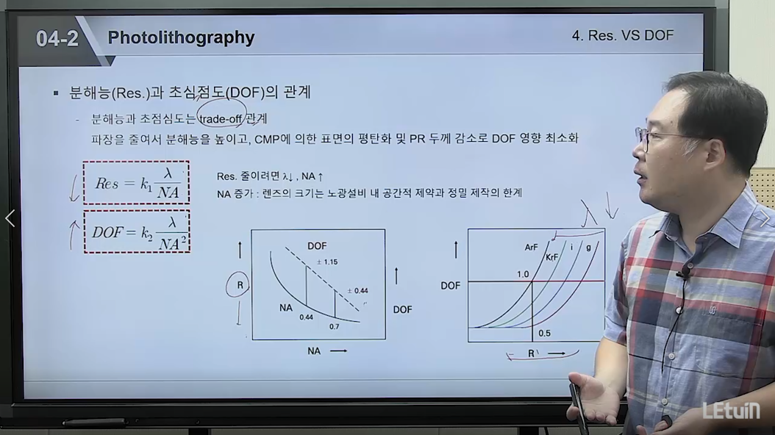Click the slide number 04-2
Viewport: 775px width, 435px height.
coord(57,38)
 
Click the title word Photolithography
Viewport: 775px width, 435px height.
coord(181,38)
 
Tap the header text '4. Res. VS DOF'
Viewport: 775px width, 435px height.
coord(623,35)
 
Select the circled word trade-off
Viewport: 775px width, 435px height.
coord(221,119)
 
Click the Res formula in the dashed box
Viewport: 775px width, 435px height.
coord(136,183)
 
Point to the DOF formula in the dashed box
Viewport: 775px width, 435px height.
coord(137,232)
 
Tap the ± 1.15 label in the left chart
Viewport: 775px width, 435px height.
coord(327,262)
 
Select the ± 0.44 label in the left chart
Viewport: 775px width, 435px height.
coord(357,291)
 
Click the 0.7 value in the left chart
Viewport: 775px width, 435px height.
coord(334,326)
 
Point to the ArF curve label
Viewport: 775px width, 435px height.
coord(531,247)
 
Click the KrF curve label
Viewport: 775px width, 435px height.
coord(551,257)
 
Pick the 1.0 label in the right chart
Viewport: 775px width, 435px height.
coord(523,274)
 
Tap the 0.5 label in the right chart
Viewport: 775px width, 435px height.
coord(544,334)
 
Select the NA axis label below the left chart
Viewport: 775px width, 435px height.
coord(314,351)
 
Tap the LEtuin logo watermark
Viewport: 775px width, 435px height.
coord(732,411)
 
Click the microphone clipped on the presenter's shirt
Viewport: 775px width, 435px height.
coord(684,273)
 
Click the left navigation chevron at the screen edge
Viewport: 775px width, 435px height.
coord(10,217)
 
